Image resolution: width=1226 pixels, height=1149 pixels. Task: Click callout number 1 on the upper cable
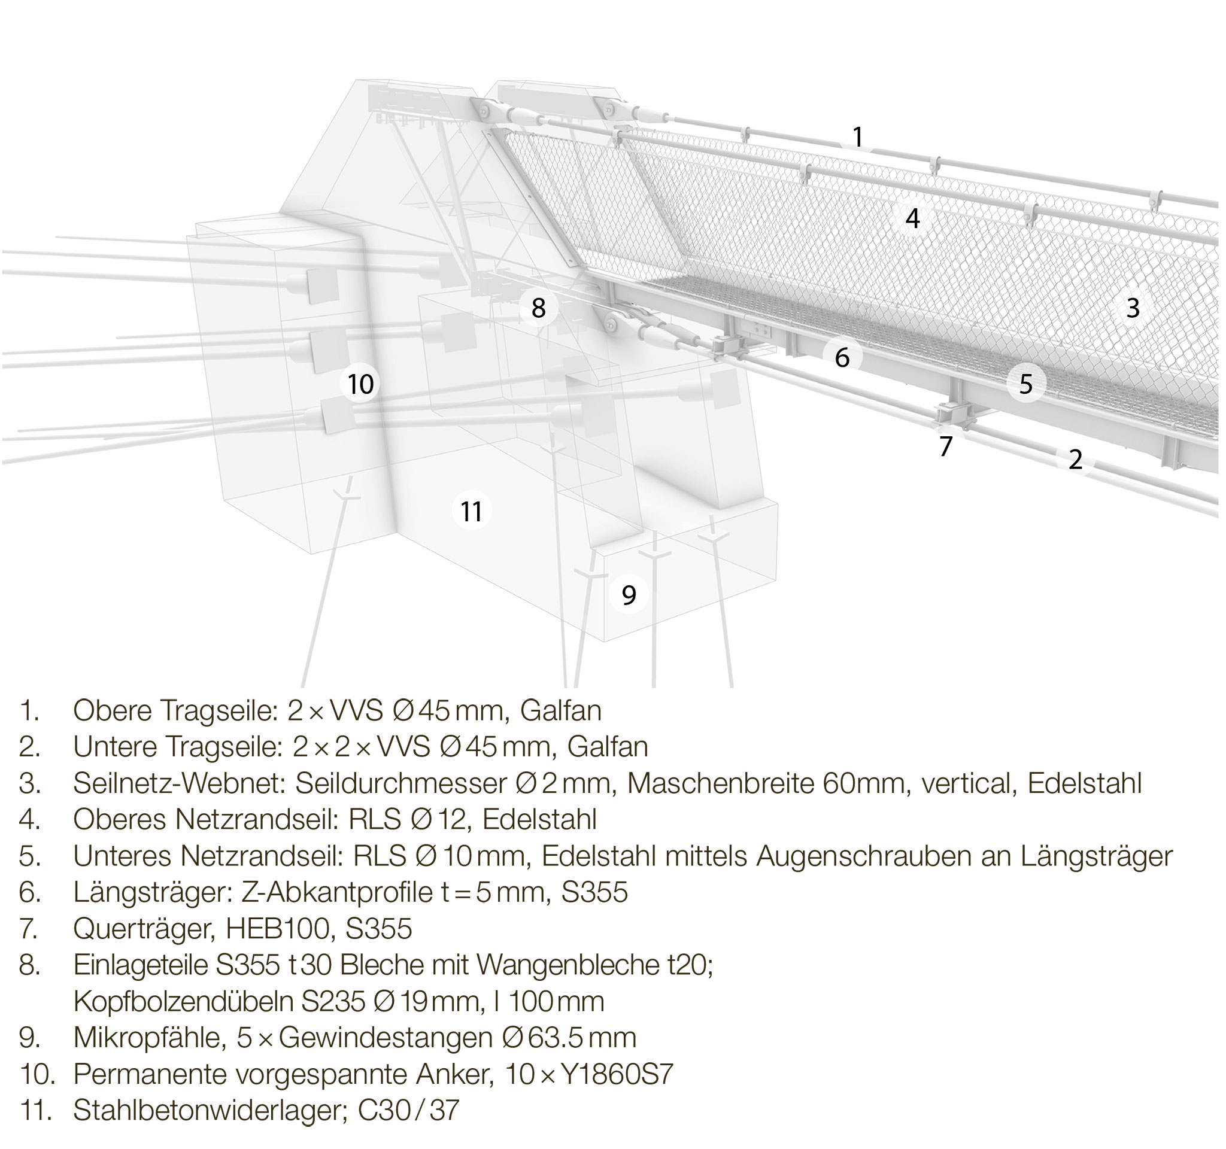pos(857,137)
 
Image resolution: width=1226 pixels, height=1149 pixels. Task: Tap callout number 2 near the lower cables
pos(1076,459)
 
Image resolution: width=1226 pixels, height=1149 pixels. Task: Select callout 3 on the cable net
pos(1133,308)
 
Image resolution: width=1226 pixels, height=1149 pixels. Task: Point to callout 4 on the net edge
pos(912,218)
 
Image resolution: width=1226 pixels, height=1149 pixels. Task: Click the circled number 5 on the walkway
pos(1025,384)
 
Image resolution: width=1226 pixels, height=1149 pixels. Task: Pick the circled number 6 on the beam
pos(842,357)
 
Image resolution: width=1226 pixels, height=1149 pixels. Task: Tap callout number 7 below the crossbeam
pos(946,446)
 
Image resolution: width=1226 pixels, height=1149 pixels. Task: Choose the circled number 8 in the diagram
pos(538,308)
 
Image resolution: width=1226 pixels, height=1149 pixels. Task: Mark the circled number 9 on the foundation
pos(629,595)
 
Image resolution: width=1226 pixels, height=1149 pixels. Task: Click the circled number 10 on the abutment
pos(361,384)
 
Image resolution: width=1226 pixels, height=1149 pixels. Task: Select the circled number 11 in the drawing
pos(471,511)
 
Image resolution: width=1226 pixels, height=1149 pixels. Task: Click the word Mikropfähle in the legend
pos(148,1038)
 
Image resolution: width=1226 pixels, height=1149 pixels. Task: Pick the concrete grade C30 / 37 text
pos(408,1111)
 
